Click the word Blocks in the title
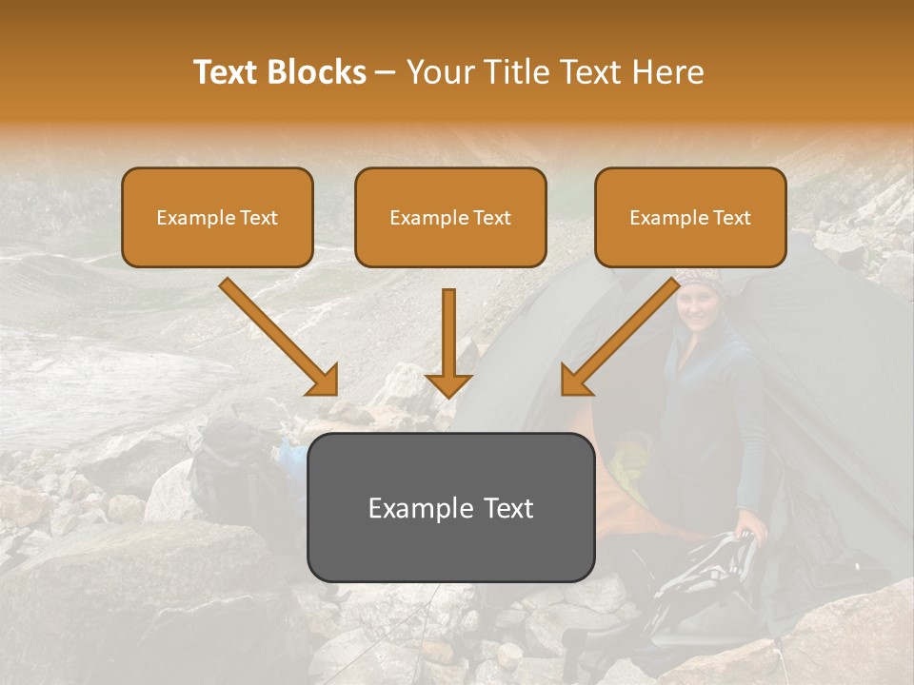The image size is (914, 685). point(316,72)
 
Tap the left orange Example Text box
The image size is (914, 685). point(217,218)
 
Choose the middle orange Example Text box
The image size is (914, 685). point(450,218)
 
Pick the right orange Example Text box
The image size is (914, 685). point(690,218)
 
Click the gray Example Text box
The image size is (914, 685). point(450,507)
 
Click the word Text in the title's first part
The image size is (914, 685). point(227,72)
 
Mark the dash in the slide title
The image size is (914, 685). point(386,72)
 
